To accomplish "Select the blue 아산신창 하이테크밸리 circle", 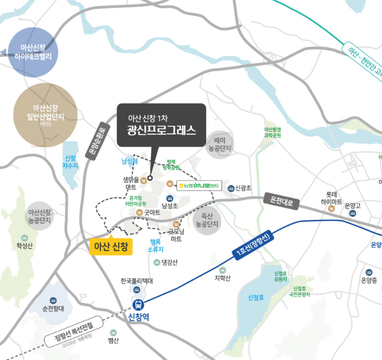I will pos(33,51).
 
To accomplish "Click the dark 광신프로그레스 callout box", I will pos(161,125).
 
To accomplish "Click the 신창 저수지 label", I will pos(70,162).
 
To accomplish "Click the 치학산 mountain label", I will pos(222,278).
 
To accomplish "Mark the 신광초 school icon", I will pos(231,188).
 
